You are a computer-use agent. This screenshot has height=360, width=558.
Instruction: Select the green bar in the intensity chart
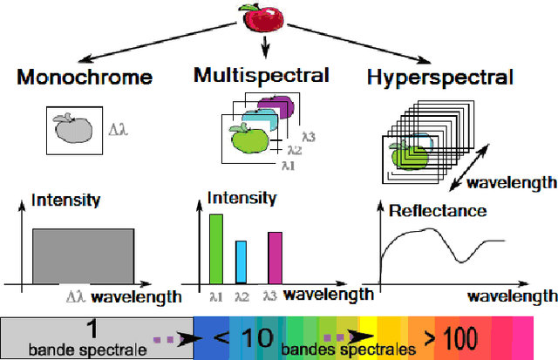215,248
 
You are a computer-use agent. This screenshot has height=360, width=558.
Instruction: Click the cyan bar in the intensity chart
242,262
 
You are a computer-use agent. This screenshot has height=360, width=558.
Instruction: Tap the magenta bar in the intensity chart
274,258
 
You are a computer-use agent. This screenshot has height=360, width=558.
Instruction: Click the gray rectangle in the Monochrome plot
84,256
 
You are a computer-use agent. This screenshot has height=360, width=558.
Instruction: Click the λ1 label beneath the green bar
215,296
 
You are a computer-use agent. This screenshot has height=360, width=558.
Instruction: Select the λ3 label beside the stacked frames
308,136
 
